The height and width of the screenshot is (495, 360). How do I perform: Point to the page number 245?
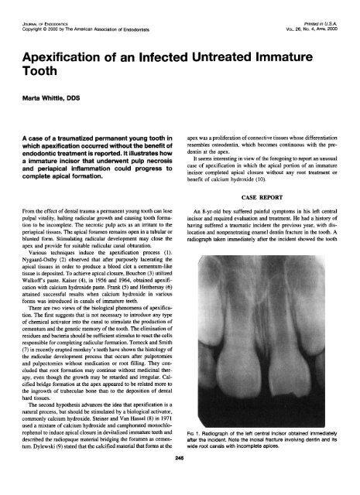coord(179,478)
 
